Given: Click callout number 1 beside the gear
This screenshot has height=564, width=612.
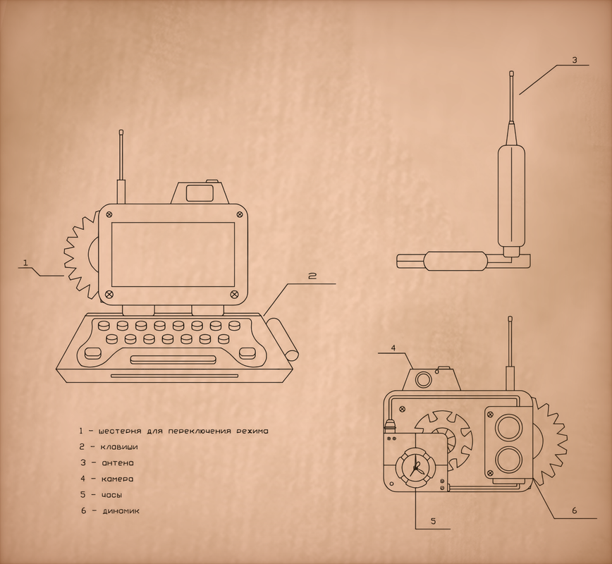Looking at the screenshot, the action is [x=26, y=263].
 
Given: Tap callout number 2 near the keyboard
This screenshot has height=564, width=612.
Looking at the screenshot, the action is [x=312, y=276].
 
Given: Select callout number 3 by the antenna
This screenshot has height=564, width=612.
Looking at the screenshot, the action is [x=574, y=60].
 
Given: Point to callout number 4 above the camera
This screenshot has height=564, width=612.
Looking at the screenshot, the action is [x=393, y=348].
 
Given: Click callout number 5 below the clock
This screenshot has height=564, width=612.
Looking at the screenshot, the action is [x=433, y=521].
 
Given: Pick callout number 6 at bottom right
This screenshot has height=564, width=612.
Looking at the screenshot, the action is [x=575, y=510].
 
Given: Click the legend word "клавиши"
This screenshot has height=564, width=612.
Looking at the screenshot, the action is [x=119, y=447].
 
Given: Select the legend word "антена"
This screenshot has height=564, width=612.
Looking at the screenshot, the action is [x=118, y=463].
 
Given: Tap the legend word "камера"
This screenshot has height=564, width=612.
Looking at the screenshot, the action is [x=118, y=479].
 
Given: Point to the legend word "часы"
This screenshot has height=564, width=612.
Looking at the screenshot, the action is [x=111, y=495].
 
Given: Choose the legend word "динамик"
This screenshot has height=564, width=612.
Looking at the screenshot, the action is [x=121, y=511].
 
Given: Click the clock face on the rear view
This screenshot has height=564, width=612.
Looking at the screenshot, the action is [x=415, y=467].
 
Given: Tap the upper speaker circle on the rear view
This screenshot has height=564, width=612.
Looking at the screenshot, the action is [x=508, y=429].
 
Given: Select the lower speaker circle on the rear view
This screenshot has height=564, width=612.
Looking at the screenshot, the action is [x=508, y=460].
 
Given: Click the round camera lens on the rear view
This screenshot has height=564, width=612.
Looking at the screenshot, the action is [x=423, y=379].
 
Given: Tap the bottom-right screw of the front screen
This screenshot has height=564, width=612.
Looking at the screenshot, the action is [x=234, y=293].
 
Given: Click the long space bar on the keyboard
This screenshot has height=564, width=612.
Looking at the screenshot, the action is [x=173, y=359].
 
